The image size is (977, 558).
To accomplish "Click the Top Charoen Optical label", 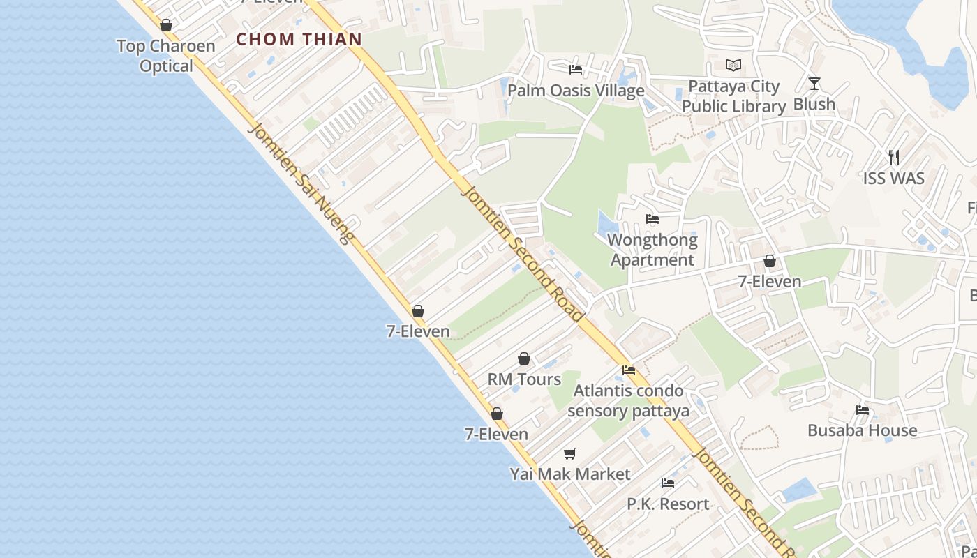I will [x=166, y=56].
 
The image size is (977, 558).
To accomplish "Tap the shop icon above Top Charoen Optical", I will [x=166, y=26].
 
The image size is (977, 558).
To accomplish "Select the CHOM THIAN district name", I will [x=299, y=39].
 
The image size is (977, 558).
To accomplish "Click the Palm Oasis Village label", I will [x=576, y=91].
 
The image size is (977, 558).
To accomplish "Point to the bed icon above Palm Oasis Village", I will [x=576, y=69].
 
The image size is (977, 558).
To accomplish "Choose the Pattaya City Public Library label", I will [x=733, y=96].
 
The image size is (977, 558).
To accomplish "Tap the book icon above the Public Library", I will [x=733, y=66].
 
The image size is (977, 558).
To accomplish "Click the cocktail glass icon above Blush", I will [x=814, y=84].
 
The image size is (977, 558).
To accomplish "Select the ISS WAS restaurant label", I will [x=893, y=179].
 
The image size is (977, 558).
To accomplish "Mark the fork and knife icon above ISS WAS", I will [x=894, y=158].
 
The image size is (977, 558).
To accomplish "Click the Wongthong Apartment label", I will [x=652, y=250].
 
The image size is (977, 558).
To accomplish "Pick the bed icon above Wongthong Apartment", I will [x=652, y=219].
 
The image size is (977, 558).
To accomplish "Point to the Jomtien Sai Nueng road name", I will [x=300, y=183].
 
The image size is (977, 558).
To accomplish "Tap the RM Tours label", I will [x=524, y=379].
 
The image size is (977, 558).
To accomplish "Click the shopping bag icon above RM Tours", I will [x=524, y=359].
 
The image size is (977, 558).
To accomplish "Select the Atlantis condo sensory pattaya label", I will [x=628, y=400].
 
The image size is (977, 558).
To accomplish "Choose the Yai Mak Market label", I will [x=570, y=474].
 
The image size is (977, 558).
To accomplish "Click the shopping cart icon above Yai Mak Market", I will [x=570, y=454].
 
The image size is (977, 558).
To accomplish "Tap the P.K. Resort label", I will [x=668, y=504].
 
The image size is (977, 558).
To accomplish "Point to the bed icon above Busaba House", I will [x=863, y=410].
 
